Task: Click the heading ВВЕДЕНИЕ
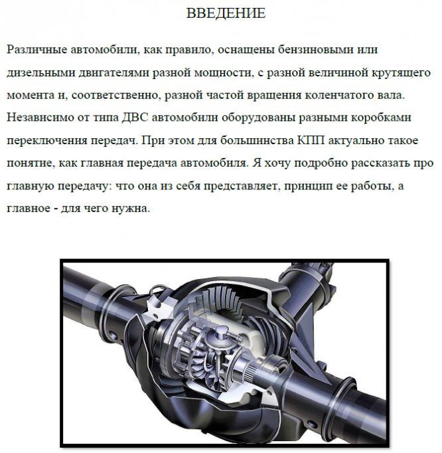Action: (226, 13)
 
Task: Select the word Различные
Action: (37, 50)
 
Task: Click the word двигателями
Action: (113, 73)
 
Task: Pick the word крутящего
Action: (401, 73)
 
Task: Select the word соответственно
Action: (115, 96)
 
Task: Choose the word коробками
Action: (381, 118)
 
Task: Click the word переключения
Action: (47, 141)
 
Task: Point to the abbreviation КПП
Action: (311, 141)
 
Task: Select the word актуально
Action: (356, 141)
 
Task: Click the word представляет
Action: (242, 186)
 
